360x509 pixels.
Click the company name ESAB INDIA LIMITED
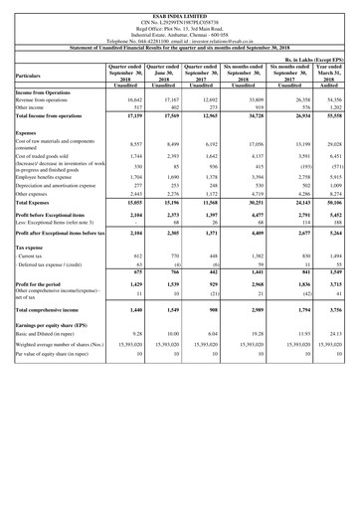tap(179, 5)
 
